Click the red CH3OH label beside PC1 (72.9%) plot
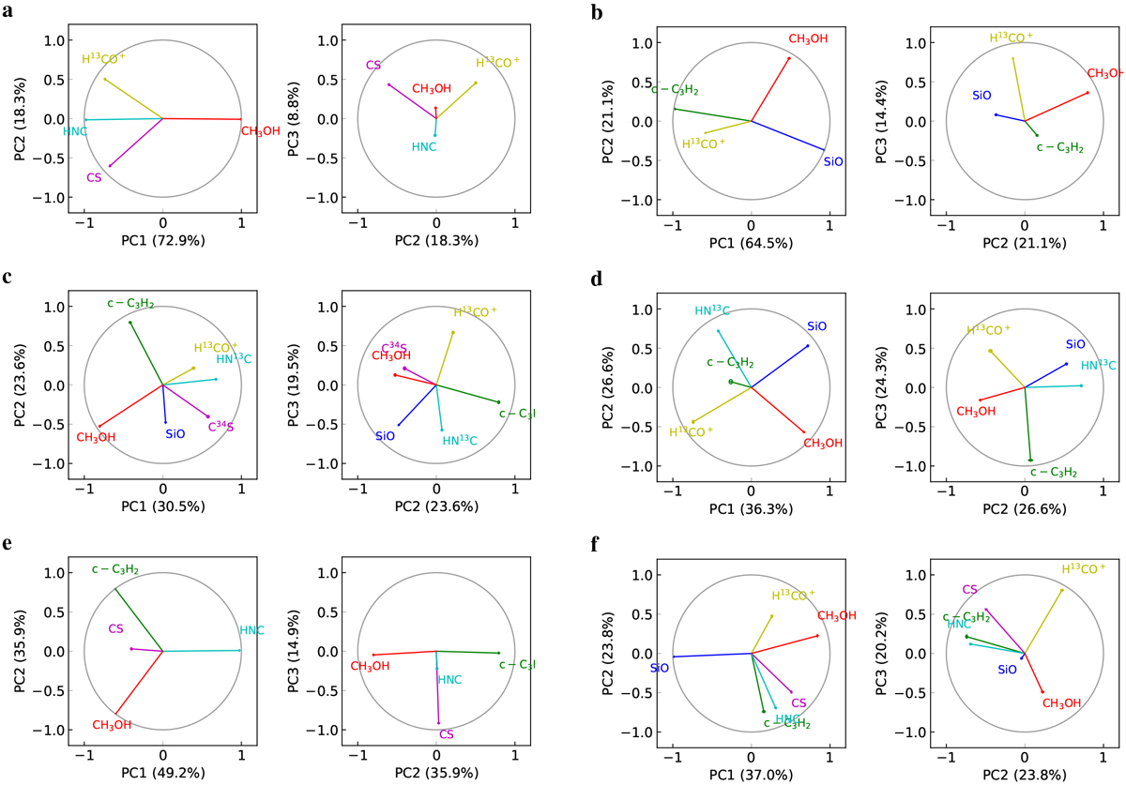(x=260, y=131)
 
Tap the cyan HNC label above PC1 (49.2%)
(x=251, y=630)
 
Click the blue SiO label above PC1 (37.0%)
(x=659, y=669)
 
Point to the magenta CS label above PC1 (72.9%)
(x=93, y=177)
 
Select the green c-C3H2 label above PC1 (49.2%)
(x=115, y=569)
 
